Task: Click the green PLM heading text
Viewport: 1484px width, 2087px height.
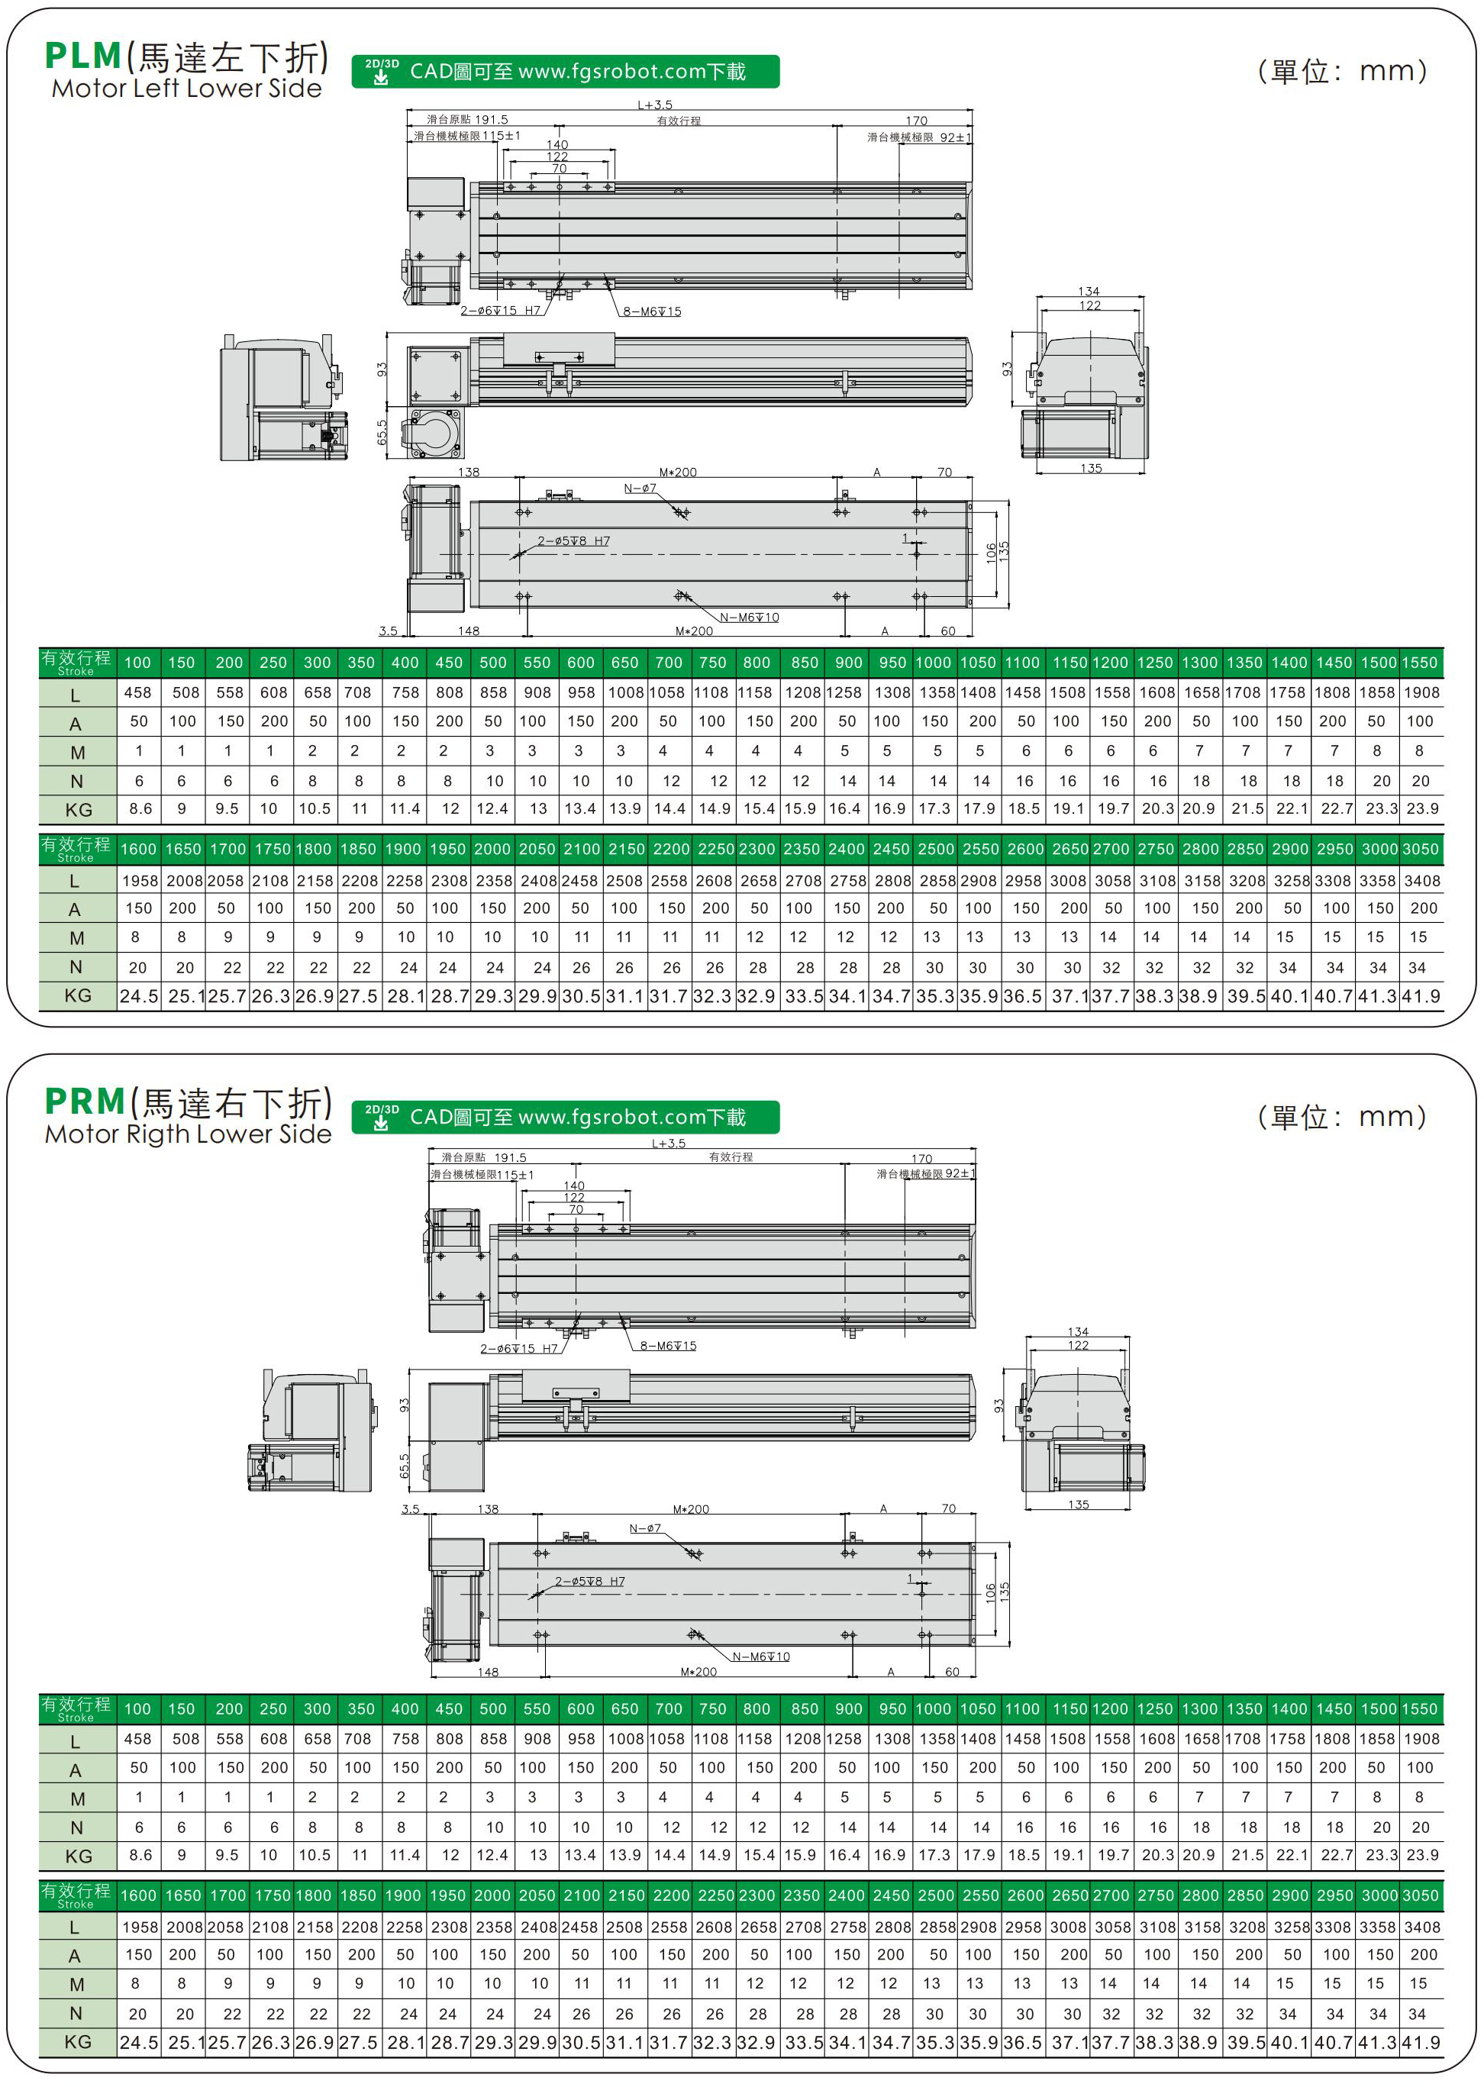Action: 83,56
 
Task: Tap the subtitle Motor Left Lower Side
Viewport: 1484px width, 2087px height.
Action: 186,89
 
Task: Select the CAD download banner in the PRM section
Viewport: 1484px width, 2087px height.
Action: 565,1117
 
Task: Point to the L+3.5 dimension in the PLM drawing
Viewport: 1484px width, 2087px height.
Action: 654,105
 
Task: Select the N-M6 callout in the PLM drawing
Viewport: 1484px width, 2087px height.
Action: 750,618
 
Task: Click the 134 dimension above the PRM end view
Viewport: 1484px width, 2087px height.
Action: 1079,1332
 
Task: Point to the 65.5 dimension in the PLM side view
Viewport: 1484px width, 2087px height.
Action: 382,432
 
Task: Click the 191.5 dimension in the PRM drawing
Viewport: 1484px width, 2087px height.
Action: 510,1158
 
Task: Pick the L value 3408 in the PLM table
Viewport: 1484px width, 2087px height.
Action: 1422,881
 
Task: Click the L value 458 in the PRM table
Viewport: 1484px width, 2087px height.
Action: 138,1739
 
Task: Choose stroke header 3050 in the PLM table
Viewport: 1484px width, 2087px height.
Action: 1421,849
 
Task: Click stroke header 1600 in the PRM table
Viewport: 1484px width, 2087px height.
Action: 138,1896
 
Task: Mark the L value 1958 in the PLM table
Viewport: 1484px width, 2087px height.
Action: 140,881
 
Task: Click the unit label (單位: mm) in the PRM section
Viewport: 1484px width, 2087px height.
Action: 1341,1117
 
